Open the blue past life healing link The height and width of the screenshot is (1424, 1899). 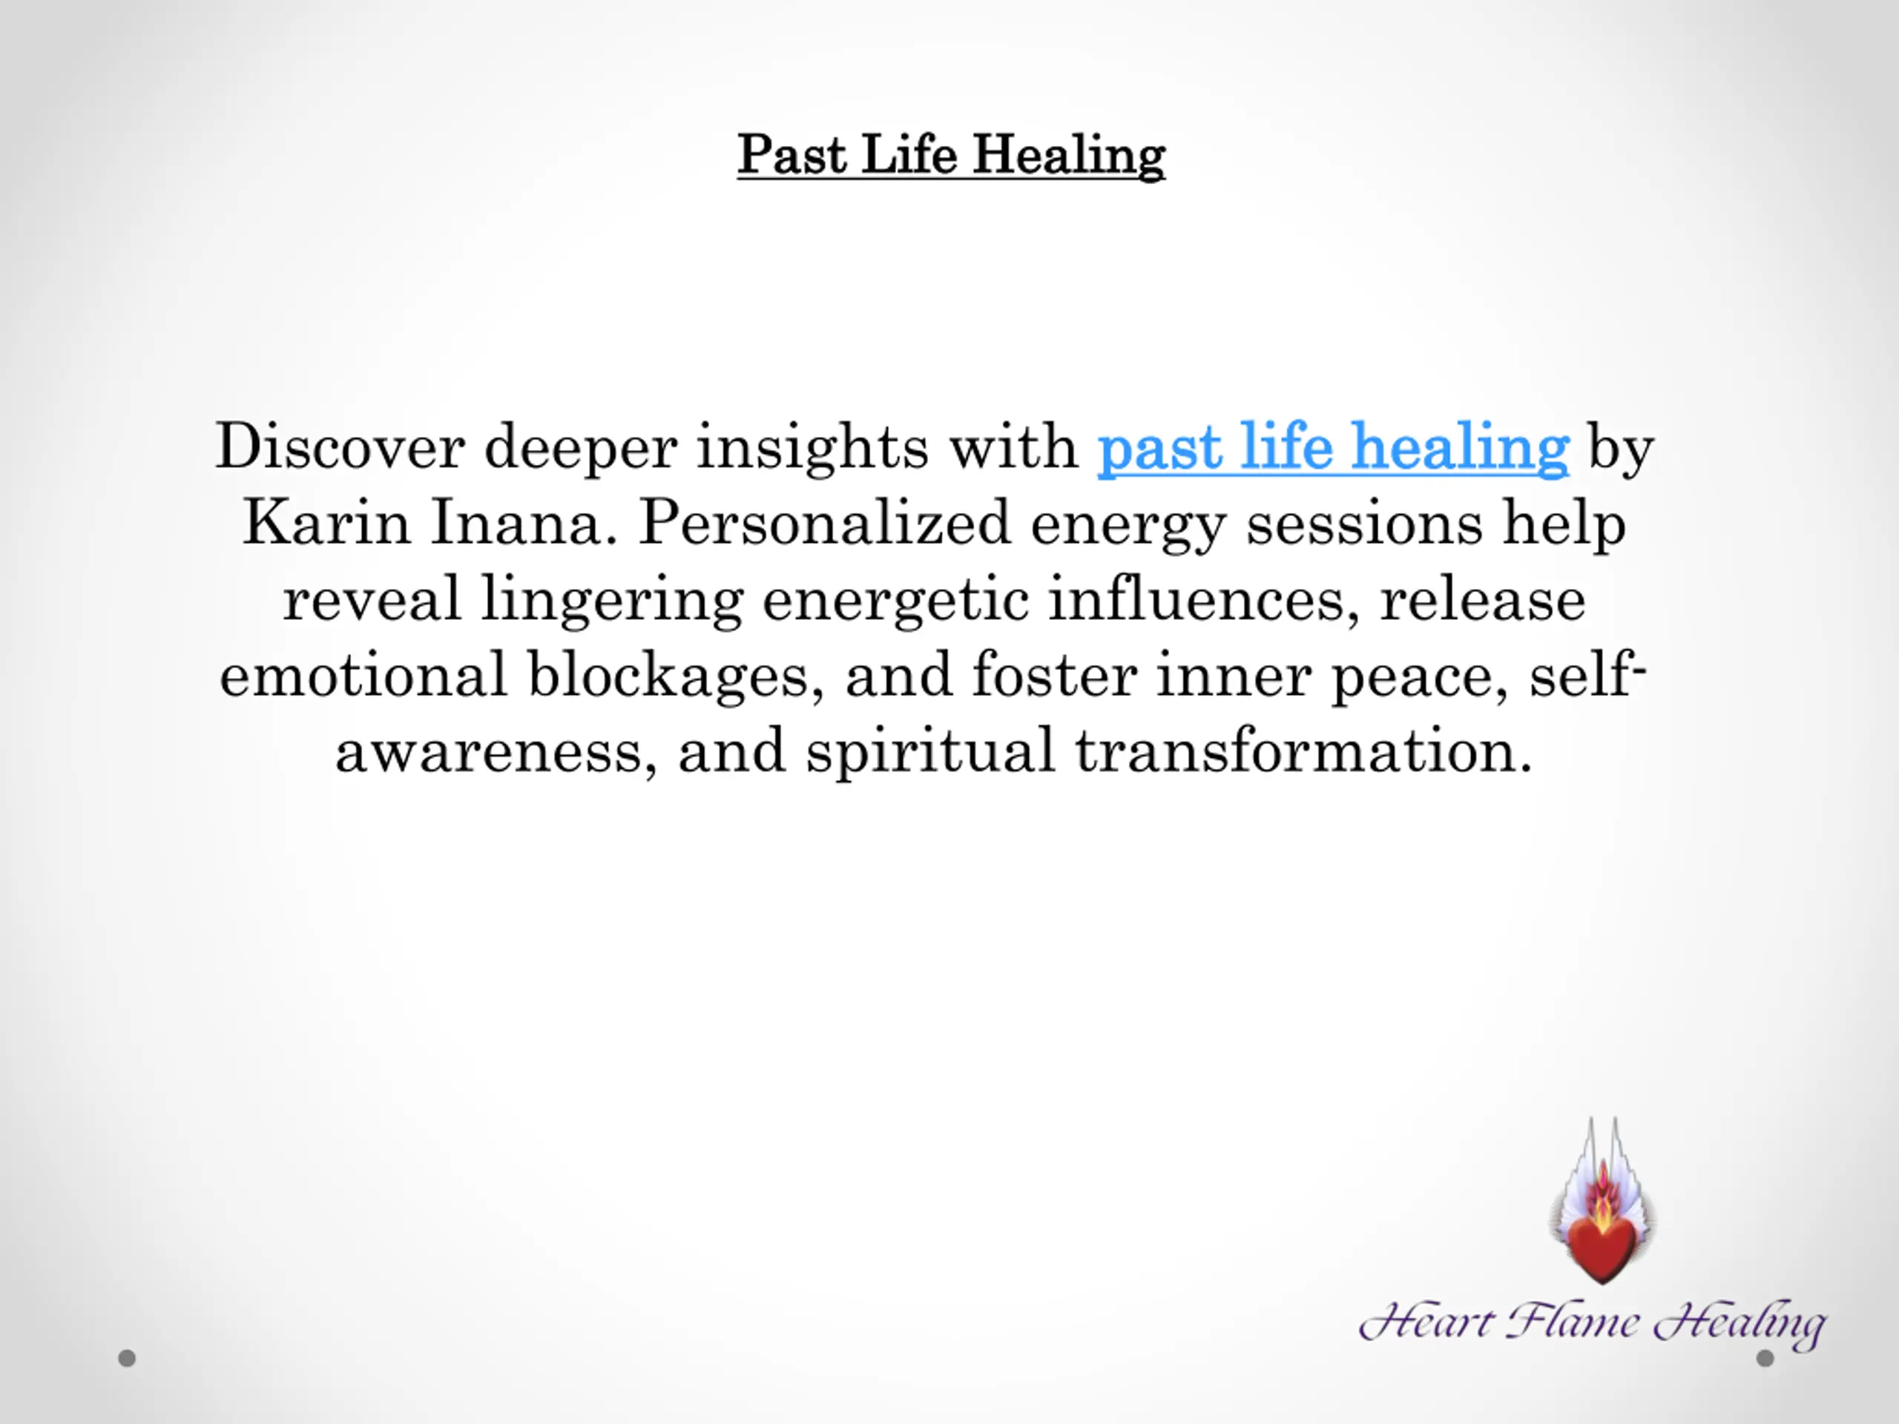pyautogui.click(x=1333, y=448)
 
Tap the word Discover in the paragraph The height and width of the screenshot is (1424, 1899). pyautogui.click(x=340, y=446)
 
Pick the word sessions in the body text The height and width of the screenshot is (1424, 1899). pyautogui.click(x=1364, y=524)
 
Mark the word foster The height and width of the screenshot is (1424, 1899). pyautogui.click(x=1054, y=675)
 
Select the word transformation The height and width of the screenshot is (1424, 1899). pyautogui.click(x=1303, y=751)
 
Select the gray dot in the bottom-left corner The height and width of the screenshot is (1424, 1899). pyautogui.click(x=127, y=1358)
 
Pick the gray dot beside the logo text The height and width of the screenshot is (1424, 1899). pyautogui.click(x=1765, y=1358)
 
